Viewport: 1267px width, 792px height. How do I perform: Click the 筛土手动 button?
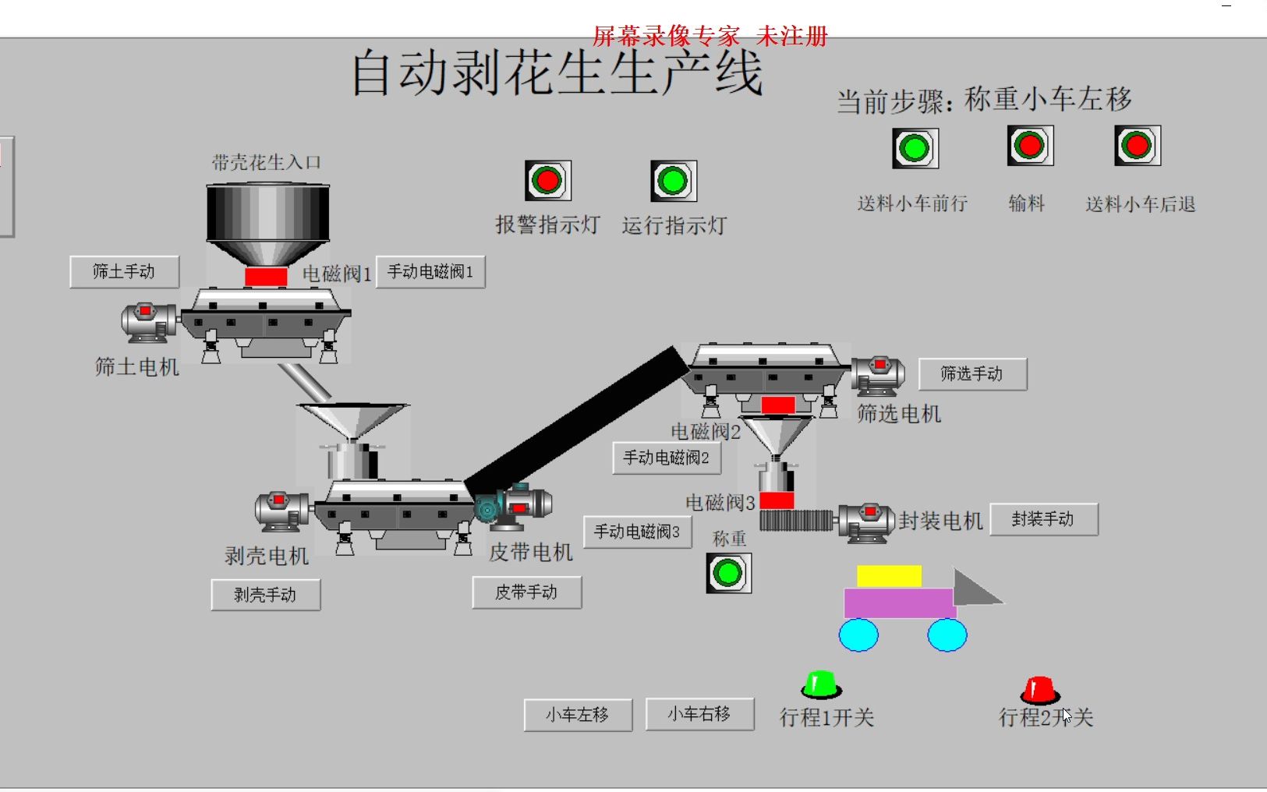pos(124,272)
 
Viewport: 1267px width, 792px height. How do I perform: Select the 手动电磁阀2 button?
pos(667,458)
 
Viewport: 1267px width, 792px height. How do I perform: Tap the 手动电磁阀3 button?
pos(637,532)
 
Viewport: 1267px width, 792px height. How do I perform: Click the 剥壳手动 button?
pos(265,596)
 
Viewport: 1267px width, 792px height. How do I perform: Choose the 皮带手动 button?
pos(526,592)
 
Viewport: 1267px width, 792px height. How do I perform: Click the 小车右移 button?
pos(699,714)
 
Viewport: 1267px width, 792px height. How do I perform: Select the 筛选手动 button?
pos(972,374)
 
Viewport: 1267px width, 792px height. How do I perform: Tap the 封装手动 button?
pos(1043,519)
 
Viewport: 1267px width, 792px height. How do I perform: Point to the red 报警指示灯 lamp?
pos(547,181)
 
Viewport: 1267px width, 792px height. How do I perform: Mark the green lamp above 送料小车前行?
pos(915,148)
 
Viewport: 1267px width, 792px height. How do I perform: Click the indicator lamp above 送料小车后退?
pos(1137,145)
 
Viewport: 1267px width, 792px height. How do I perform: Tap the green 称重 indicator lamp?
pos(728,573)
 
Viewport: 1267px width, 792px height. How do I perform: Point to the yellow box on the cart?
pos(889,576)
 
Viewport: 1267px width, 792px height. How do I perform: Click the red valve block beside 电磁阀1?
pos(266,277)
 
